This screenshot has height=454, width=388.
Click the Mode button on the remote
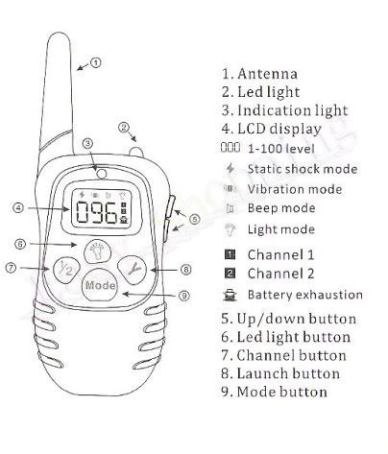(100, 284)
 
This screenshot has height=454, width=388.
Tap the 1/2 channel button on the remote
(65, 270)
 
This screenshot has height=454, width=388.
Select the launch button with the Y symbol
(133, 270)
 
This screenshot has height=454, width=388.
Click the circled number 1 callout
(95, 62)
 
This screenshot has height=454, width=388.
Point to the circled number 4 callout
(18, 207)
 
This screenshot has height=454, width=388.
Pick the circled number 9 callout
(184, 296)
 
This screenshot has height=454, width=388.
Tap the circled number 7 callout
(11, 268)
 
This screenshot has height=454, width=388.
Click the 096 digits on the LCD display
(96, 213)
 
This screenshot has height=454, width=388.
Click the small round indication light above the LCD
(102, 174)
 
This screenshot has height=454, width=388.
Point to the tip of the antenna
(59, 33)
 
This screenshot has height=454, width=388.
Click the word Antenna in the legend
(267, 74)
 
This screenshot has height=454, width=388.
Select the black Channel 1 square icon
(230, 254)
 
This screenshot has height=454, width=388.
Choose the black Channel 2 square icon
(230, 274)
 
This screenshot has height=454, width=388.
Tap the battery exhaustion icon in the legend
(230, 295)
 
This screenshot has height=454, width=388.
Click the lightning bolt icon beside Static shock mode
(230, 168)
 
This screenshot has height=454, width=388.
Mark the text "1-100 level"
(281, 149)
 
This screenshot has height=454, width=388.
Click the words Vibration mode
(295, 189)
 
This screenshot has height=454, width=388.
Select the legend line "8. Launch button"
(280, 373)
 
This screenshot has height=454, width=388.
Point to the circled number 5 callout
(194, 219)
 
